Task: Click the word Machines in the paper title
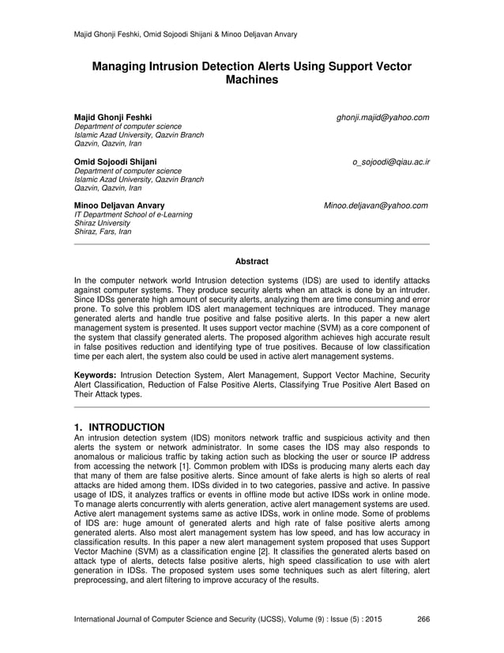tap(251, 81)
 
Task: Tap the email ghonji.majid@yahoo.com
tap(382, 117)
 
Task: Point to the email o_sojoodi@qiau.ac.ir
tap(390, 162)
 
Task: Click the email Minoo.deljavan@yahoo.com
tap(376, 206)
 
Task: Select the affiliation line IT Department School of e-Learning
tap(133, 215)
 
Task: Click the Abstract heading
tap(252, 262)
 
